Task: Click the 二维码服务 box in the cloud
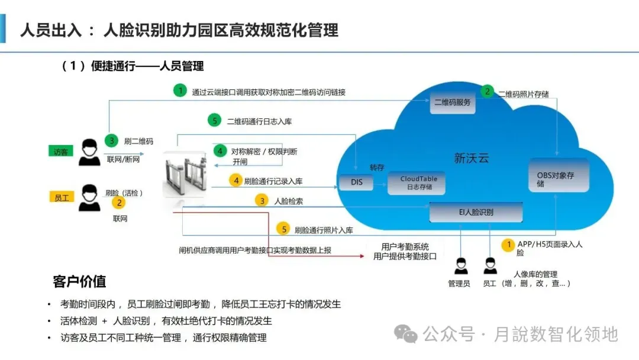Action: coord(453,102)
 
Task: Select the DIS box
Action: coord(356,182)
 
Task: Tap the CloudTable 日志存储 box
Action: coord(418,182)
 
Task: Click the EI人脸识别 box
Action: coord(476,212)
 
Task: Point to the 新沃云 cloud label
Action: coord(472,158)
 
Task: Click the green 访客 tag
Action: coord(61,152)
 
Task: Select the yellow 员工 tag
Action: coord(62,198)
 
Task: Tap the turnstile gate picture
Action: coord(184,174)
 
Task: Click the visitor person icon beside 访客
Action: coord(90,152)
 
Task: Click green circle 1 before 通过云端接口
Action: coord(180,91)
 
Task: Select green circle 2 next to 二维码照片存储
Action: coord(488,91)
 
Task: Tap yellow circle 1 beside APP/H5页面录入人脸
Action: coord(508,244)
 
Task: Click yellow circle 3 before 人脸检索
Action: coord(262,201)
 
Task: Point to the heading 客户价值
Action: coord(79,281)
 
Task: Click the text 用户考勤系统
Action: coord(405,246)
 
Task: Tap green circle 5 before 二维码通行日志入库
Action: coord(215,121)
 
